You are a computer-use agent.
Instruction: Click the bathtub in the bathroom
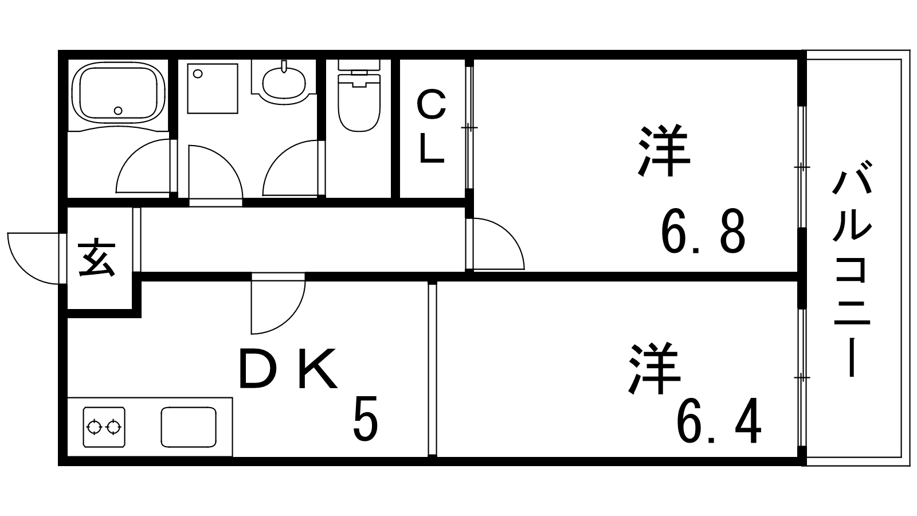[118, 92]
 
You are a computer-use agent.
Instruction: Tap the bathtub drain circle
[118, 111]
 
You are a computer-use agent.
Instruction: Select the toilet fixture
[359, 96]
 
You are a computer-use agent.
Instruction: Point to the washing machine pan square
[213, 88]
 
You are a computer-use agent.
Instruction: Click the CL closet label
[432, 127]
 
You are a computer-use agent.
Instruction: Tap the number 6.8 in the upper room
[703, 232]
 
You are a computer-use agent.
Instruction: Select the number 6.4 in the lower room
[719, 421]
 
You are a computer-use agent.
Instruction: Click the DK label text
[288, 369]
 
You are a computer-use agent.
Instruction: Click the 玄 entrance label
[97, 258]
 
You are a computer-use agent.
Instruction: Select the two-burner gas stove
[104, 427]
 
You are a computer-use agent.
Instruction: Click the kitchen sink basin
[189, 427]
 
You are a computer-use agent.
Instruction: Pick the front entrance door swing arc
[33, 258]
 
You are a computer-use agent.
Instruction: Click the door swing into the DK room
[278, 303]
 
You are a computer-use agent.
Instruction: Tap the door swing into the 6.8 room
[498, 244]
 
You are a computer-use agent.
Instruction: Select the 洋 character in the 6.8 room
[664, 150]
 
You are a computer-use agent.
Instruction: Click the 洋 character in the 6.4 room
[655, 369]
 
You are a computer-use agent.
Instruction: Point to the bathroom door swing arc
[143, 166]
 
